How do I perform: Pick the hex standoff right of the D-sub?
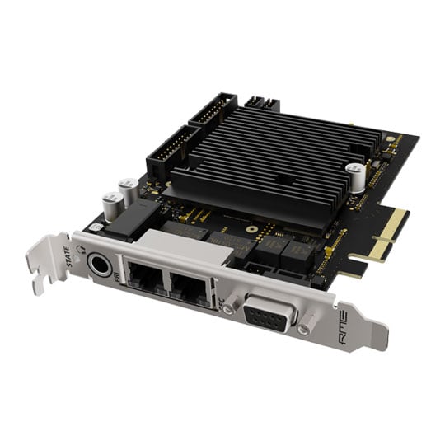pos(304,329)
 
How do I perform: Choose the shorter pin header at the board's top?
pos(213,109)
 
